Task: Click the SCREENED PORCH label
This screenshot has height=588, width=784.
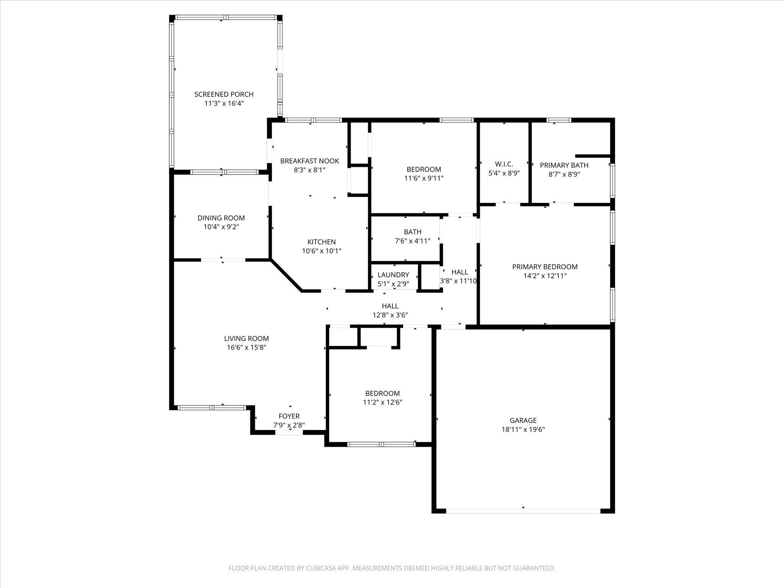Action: coord(224,94)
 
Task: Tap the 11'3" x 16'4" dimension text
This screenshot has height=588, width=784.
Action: coord(224,103)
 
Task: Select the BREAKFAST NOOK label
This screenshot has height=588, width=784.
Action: coord(310,161)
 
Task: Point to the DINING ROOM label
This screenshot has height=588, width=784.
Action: coord(221,218)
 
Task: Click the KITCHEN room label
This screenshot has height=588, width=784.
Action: coord(322,242)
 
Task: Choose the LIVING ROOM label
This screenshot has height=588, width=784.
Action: coord(247,338)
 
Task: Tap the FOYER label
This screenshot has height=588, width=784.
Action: coord(289,416)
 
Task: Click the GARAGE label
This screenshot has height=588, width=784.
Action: coord(523,420)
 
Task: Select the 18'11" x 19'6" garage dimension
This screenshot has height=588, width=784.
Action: coord(523,430)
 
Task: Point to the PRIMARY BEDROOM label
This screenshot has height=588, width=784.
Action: coord(545,267)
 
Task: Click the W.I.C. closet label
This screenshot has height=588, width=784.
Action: coord(504,164)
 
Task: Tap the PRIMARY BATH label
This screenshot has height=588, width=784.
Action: coord(564,165)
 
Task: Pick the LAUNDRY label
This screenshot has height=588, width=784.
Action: coord(394,275)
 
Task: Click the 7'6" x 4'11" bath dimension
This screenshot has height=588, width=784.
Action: coord(413,241)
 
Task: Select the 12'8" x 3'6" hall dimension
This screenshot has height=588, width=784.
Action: coord(390,315)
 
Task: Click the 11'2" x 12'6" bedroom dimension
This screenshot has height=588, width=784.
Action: coord(383,402)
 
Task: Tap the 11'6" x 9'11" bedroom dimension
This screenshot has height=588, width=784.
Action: coord(424,178)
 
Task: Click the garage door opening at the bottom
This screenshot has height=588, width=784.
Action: coord(523,511)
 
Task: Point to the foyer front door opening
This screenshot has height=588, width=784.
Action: coord(289,432)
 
